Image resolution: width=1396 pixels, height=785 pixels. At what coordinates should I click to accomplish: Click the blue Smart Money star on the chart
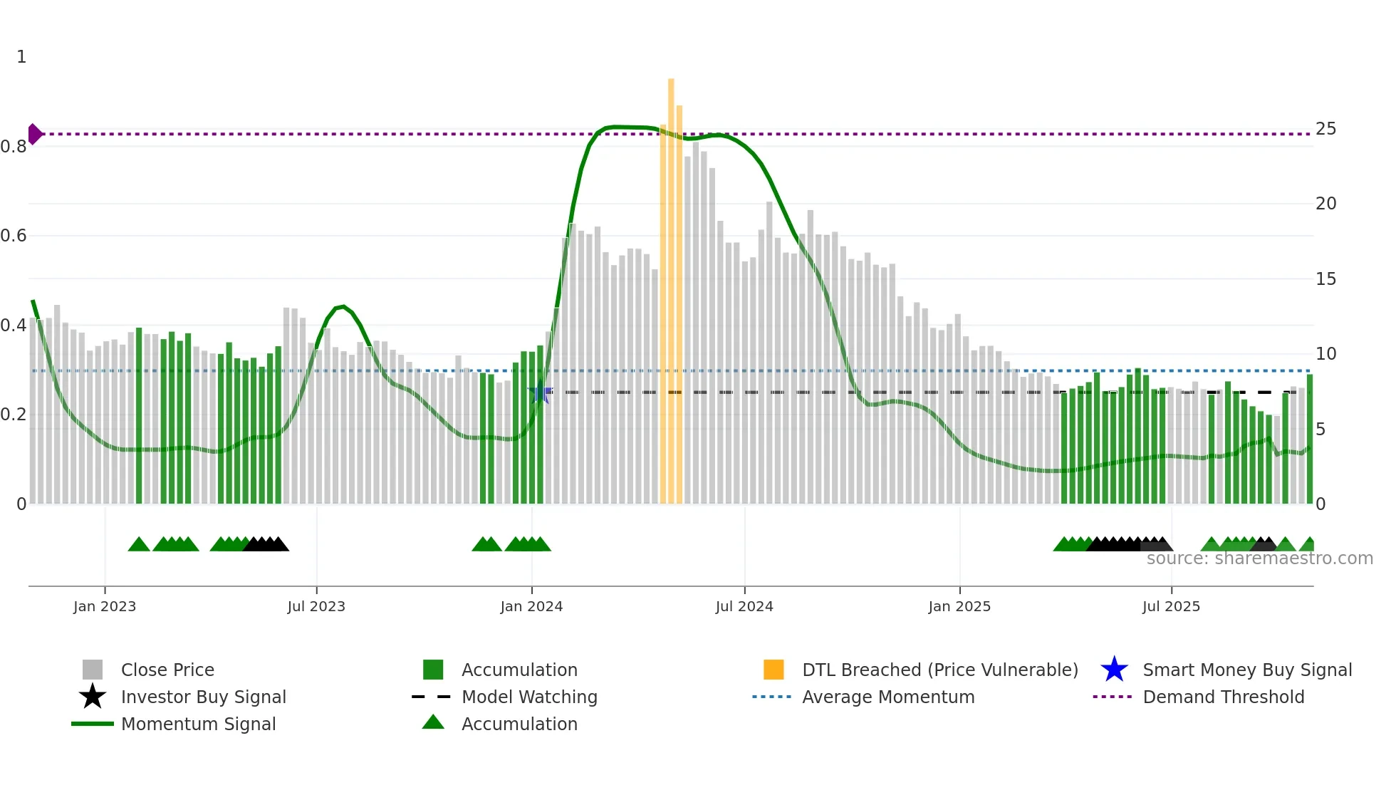(x=540, y=392)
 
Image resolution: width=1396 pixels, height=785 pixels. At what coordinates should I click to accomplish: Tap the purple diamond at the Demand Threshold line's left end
(x=34, y=134)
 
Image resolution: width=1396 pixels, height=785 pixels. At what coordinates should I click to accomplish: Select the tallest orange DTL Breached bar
(x=671, y=285)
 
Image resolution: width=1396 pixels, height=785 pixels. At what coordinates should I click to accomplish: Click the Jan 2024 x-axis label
(x=531, y=606)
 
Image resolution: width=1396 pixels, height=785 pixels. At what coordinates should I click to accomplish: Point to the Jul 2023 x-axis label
(x=316, y=606)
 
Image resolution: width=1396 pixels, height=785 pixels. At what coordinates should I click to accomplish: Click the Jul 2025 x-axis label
(x=1171, y=606)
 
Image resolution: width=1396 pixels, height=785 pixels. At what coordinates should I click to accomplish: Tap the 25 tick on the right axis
(x=1325, y=129)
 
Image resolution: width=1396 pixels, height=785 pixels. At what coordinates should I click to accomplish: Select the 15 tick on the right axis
(x=1325, y=279)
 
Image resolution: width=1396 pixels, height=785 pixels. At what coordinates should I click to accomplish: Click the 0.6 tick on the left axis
(x=14, y=236)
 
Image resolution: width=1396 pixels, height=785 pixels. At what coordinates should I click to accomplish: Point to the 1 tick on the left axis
(x=21, y=57)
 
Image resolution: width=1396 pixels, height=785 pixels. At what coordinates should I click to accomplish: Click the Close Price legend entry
(x=167, y=670)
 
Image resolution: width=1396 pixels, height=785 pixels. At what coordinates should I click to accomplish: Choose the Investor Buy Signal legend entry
(x=203, y=697)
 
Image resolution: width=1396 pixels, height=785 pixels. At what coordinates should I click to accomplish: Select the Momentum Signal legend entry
(x=198, y=724)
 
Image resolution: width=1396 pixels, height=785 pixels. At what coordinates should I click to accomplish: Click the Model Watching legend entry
(x=529, y=697)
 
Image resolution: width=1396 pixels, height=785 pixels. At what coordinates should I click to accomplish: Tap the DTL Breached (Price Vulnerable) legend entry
(x=939, y=670)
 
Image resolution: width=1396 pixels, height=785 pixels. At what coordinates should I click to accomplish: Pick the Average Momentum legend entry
(x=888, y=697)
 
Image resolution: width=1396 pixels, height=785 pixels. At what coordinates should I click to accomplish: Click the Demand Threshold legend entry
(x=1223, y=697)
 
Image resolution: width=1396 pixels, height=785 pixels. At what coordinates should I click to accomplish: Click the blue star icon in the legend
(x=1114, y=670)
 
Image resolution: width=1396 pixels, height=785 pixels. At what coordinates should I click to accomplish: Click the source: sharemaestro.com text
(x=1259, y=558)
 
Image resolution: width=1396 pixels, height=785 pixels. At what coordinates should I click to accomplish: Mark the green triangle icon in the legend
(x=433, y=723)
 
